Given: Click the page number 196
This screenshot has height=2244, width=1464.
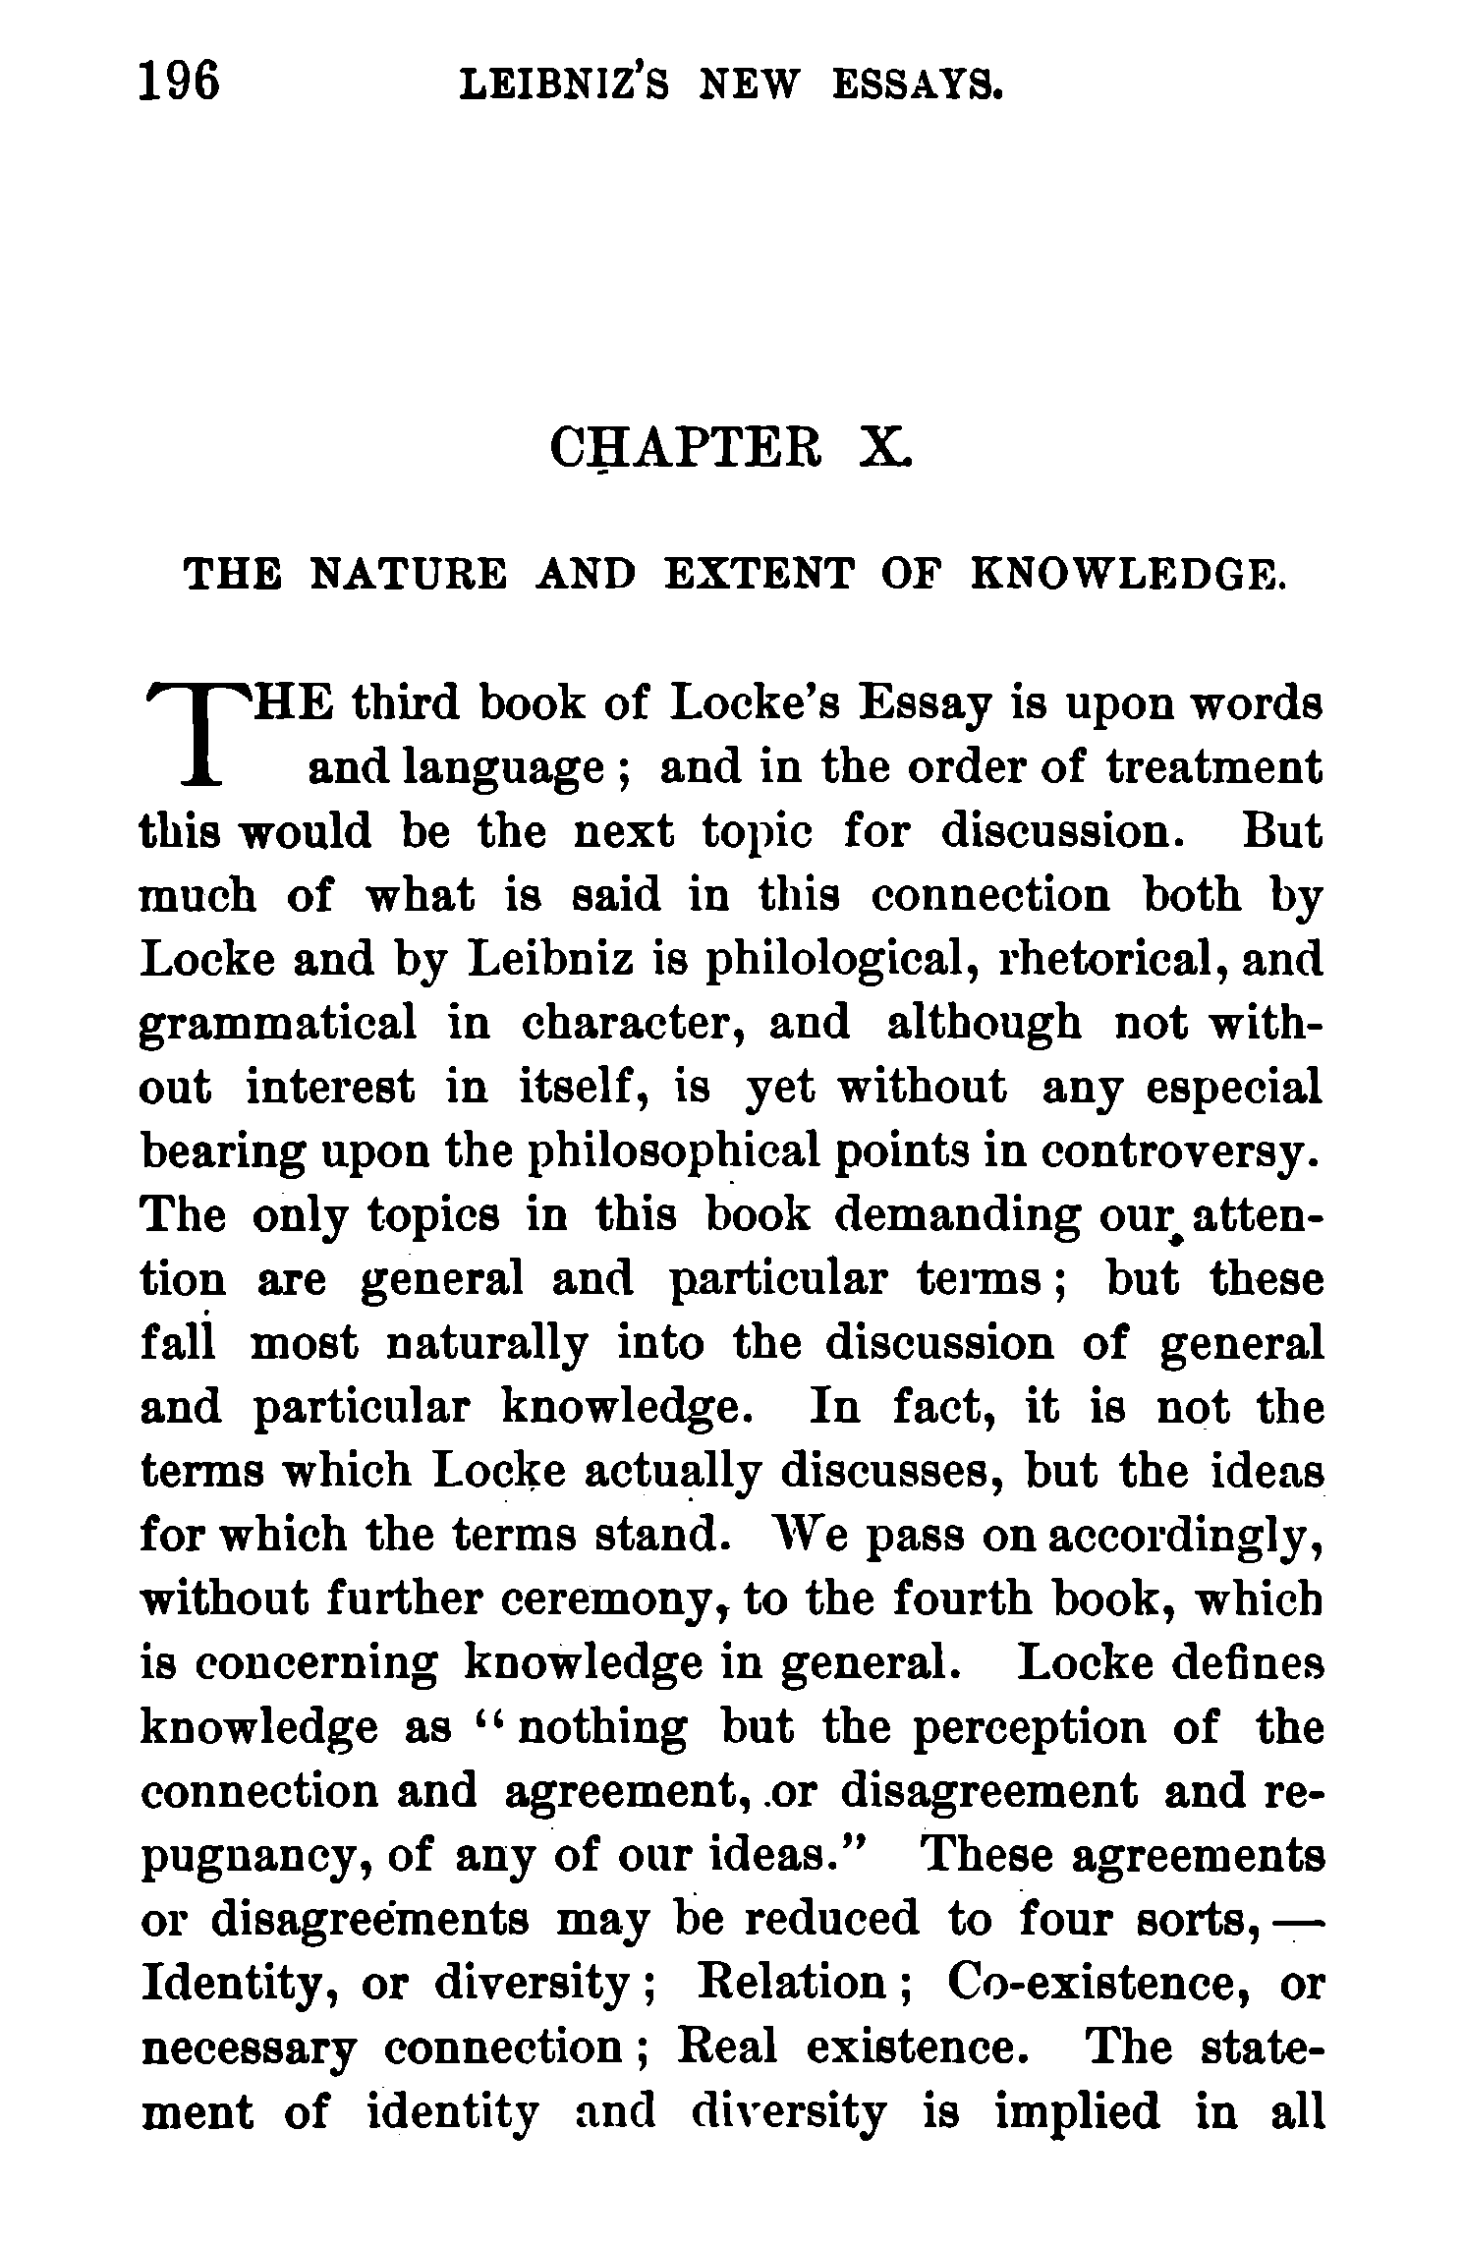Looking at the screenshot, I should (x=180, y=82).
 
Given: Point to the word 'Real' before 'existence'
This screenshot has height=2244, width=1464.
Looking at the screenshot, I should (x=726, y=2047).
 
